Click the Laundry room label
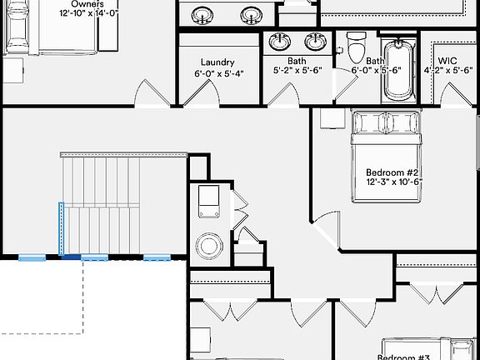pos(217,62)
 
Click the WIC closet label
pos(447,61)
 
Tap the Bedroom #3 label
pos(403,357)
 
